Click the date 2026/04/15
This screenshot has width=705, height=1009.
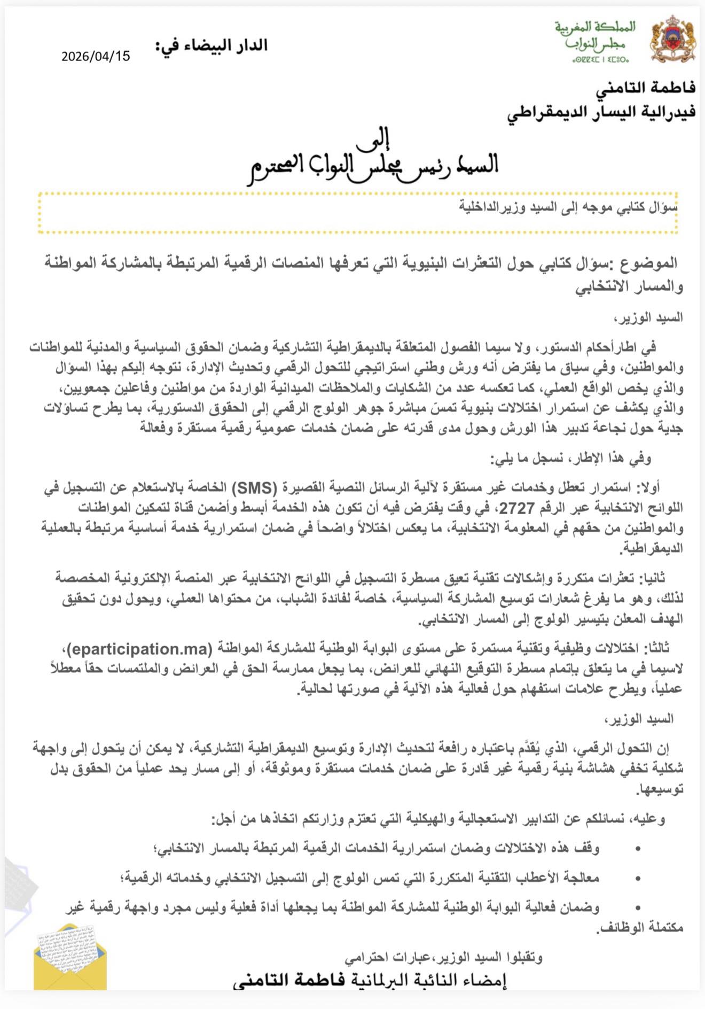coord(96,56)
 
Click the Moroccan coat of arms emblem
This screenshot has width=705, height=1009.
coord(672,38)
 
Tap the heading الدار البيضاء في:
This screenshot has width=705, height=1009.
coord(211,46)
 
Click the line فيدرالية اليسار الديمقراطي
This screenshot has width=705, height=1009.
coord(601,112)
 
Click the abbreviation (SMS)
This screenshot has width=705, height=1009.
coord(254,487)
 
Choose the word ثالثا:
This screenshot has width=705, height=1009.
coord(656,649)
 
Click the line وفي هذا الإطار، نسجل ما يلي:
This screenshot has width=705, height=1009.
coord(571,458)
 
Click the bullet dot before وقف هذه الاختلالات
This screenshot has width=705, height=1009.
coord(638,849)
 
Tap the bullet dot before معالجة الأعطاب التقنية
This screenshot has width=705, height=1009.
coord(638,878)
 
